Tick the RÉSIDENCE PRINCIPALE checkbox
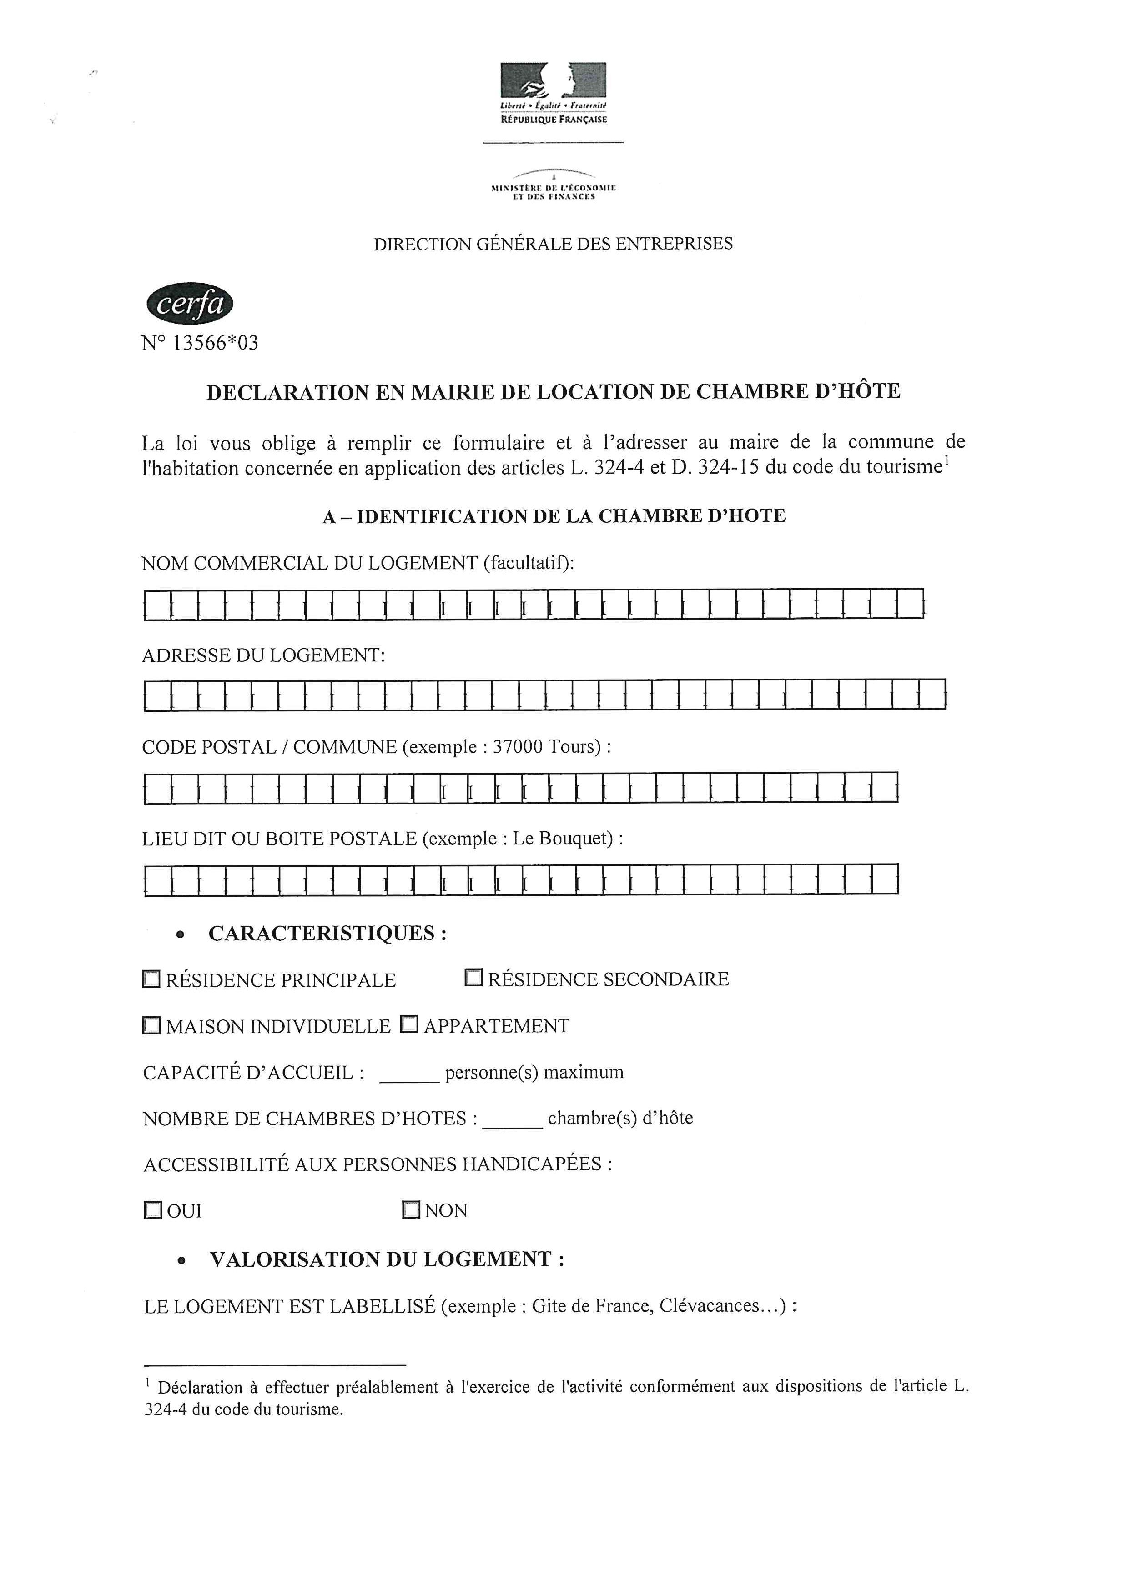tap(151, 979)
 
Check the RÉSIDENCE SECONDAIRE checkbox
tap(473, 978)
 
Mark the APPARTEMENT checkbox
tap(409, 1024)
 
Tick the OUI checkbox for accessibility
tap(152, 1210)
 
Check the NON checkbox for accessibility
tap(411, 1210)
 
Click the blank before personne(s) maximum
tap(409, 1073)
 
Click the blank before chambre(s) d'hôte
tap(512, 1119)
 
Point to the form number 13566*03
tap(215, 343)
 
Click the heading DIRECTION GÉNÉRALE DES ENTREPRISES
tap(553, 244)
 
